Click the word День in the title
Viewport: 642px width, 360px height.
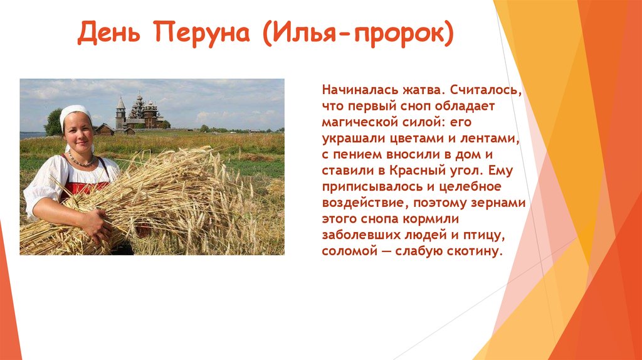pyautogui.click(x=109, y=33)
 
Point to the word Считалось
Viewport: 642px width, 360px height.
pyautogui.click(x=486, y=90)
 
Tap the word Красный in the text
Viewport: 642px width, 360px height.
pyautogui.click(x=414, y=171)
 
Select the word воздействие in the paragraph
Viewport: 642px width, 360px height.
pyautogui.click(x=366, y=203)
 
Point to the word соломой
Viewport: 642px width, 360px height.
pyautogui.click(x=350, y=251)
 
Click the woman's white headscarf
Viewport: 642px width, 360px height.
pyautogui.click(x=76, y=114)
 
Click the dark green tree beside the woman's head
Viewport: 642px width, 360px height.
pyautogui.click(x=54, y=122)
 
